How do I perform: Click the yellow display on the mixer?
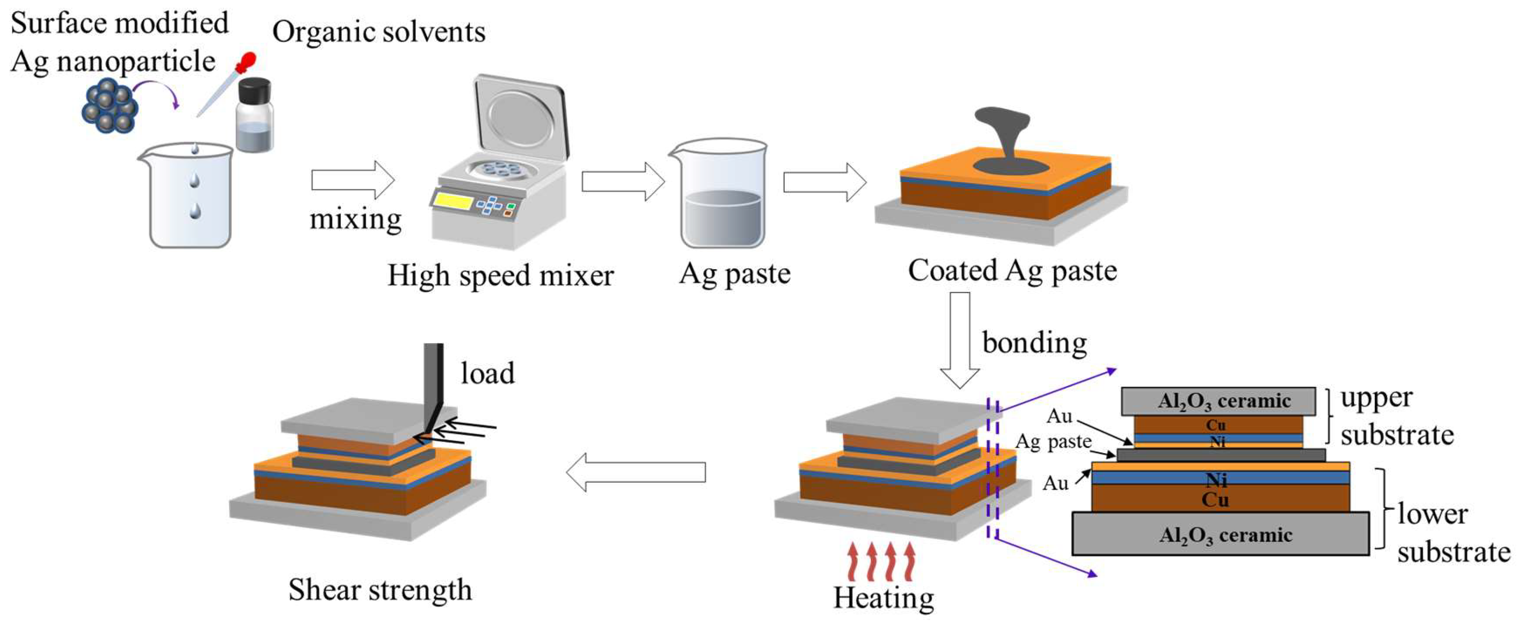click(453, 202)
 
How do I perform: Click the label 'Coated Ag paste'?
click(1012, 271)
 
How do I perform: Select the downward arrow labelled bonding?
click(959, 339)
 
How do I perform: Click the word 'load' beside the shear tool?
click(487, 373)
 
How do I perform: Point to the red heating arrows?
click(881, 561)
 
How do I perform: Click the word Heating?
click(883, 598)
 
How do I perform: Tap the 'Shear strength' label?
click(380, 589)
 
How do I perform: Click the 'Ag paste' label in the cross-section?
click(1053, 442)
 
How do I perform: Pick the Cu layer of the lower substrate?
click(1220, 499)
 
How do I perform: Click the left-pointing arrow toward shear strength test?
click(636, 472)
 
